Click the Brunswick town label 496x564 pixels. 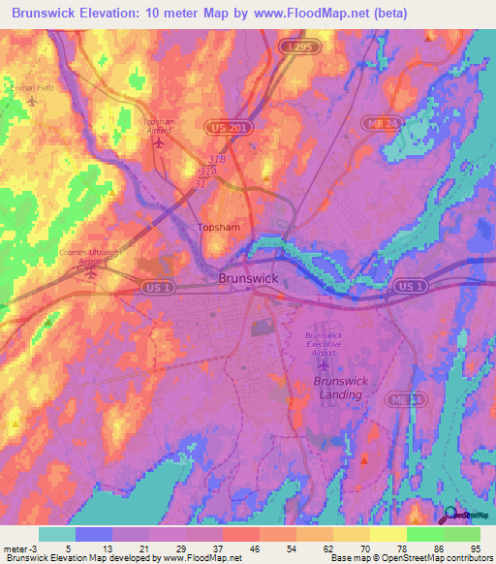(x=249, y=278)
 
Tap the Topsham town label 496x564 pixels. (x=218, y=228)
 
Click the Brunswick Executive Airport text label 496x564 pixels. (x=325, y=344)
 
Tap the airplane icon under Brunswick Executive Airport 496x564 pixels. (x=325, y=365)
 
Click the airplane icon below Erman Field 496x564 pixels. (x=33, y=101)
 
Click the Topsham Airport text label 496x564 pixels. (x=157, y=126)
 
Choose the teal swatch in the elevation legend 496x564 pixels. (x=57, y=534)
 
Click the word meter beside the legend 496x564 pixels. (x=15, y=549)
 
